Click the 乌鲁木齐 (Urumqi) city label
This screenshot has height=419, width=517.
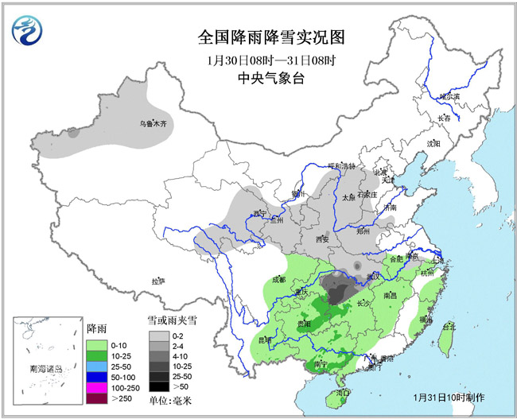151,124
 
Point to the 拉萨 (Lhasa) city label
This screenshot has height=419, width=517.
158,281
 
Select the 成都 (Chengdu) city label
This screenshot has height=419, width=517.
278,279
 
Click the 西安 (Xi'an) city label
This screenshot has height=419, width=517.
321,239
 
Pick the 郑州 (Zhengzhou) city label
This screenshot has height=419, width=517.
363,231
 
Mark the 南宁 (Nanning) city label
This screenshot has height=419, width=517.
322,363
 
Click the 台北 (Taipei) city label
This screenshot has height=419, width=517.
449,326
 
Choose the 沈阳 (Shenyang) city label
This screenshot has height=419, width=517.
433,144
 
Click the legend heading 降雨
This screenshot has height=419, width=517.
96,329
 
